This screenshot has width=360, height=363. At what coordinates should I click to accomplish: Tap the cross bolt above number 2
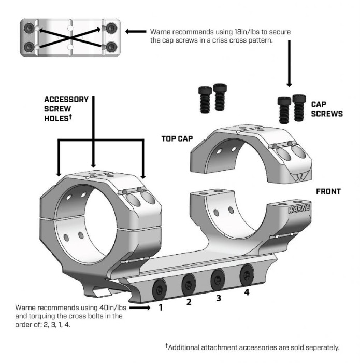(x=187, y=283)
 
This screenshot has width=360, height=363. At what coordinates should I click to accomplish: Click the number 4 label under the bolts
(x=247, y=292)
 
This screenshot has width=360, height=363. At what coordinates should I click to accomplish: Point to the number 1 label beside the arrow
(x=161, y=307)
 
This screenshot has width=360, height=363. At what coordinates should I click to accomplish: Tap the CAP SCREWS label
(x=326, y=108)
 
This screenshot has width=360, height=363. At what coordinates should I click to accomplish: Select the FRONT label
(x=328, y=191)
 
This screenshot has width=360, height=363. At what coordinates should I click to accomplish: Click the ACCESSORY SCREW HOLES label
(x=66, y=108)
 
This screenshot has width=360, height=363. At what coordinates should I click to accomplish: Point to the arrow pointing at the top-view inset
(x=136, y=32)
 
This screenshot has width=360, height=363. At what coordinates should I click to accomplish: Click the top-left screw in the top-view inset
(x=28, y=27)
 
